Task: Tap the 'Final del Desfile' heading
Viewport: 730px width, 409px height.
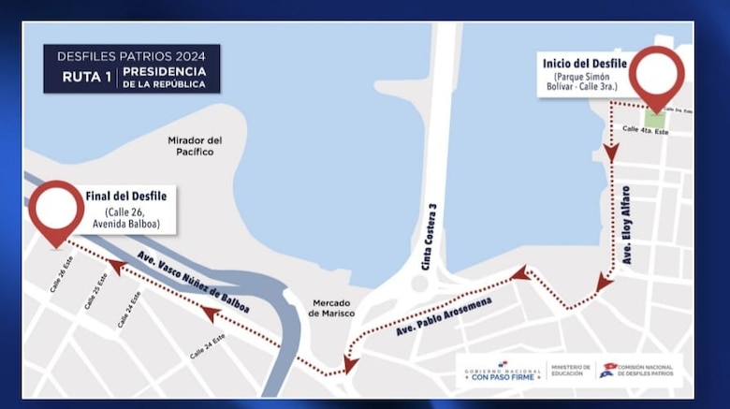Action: click(x=125, y=196)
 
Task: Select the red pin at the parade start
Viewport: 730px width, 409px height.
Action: click(x=656, y=75)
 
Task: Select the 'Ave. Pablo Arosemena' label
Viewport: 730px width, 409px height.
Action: click(x=444, y=316)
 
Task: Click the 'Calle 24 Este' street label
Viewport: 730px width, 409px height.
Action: click(x=208, y=346)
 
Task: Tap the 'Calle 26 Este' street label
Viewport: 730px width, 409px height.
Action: click(x=61, y=274)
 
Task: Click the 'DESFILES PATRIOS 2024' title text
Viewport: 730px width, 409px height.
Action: click(x=131, y=55)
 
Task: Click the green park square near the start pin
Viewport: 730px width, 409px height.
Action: click(x=657, y=120)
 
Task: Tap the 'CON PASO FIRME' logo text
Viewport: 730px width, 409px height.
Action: click(x=503, y=376)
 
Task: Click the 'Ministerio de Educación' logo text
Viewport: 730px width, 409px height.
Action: click(x=570, y=371)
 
